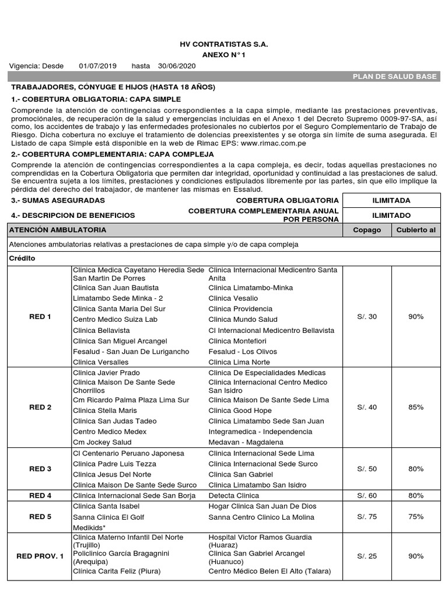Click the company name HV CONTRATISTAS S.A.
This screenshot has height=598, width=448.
[x=225, y=44]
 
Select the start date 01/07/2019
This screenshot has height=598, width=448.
[x=98, y=65]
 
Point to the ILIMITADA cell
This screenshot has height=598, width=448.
[x=391, y=200]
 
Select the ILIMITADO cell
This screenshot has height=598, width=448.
[x=391, y=215]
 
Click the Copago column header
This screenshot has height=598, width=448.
[x=367, y=230]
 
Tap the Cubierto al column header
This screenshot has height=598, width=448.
[x=415, y=230]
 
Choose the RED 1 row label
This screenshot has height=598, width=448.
[x=40, y=317]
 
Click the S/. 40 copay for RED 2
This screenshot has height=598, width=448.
[x=367, y=407]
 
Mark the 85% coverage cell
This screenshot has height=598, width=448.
[x=416, y=407]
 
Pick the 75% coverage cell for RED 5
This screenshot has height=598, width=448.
[x=416, y=517]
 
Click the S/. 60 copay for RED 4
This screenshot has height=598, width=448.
[x=367, y=496]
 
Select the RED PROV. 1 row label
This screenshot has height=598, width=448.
[x=40, y=557]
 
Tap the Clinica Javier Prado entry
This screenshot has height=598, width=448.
[x=106, y=373]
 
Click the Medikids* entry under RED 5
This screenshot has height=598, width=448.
[x=89, y=527]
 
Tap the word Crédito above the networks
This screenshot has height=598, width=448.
[x=22, y=258]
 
